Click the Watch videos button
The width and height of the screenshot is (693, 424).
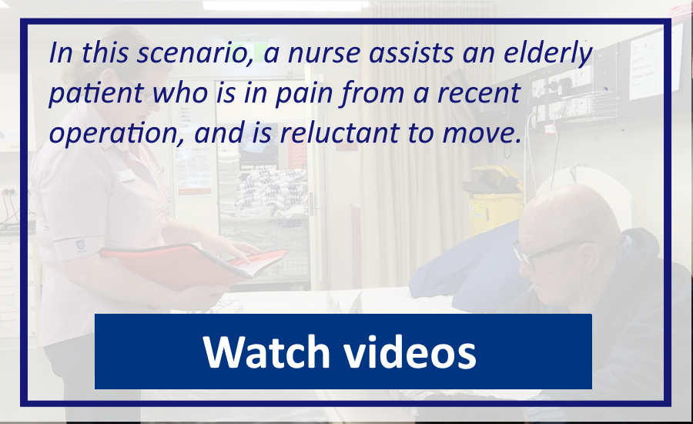pyautogui.click(x=343, y=352)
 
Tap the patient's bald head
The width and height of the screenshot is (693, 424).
pyautogui.click(x=570, y=213)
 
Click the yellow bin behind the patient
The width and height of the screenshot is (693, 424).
pyautogui.click(x=493, y=199)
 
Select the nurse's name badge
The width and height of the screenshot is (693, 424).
pyautogui.click(x=126, y=175)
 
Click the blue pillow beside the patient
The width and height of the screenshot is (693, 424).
pyautogui.click(x=467, y=270)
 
